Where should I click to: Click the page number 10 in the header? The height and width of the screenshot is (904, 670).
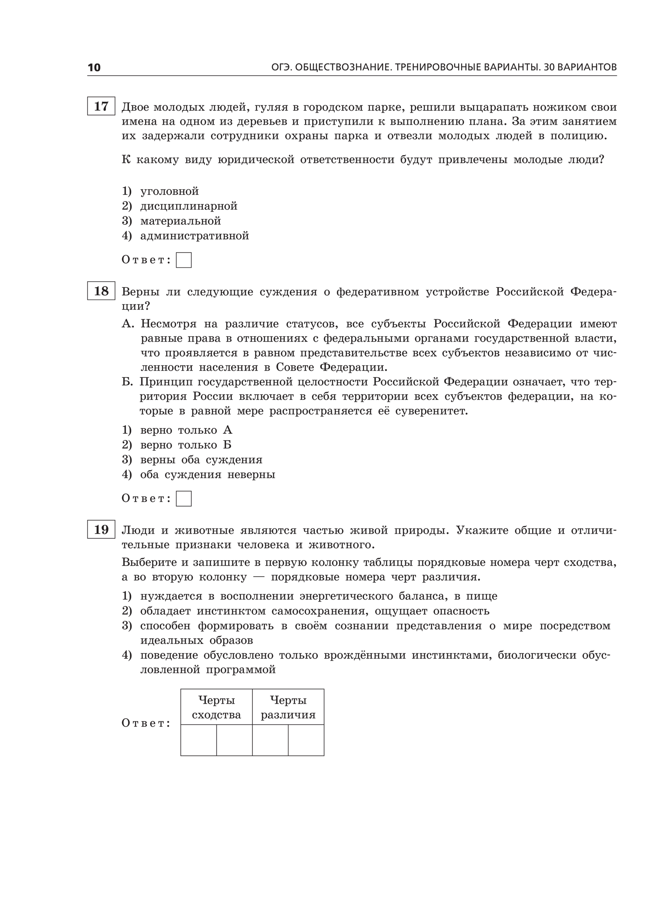tap(94, 67)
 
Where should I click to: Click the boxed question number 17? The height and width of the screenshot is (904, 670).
tap(101, 106)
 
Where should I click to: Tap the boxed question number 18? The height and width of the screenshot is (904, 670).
tap(101, 291)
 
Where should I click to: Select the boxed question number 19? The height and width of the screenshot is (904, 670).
tap(101, 529)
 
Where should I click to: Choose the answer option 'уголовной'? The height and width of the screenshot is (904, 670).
tap(169, 191)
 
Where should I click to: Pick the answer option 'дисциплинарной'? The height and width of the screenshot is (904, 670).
tap(189, 206)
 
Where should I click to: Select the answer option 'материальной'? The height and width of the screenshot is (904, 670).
tap(181, 221)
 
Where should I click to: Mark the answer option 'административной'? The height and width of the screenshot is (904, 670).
tap(194, 236)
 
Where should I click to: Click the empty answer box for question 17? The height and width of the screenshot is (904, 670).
tap(184, 260)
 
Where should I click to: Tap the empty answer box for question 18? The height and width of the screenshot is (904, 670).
tap(184, 498)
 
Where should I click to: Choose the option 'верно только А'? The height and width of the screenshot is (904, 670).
tap(186, 430)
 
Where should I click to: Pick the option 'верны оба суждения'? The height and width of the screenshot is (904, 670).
tap(201, 460)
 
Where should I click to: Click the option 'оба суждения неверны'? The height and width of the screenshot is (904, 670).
tap(207, 474)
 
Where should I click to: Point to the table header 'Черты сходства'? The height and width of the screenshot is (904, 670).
tap(216, 707)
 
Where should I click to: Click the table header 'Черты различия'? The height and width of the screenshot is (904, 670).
tap(288, 707)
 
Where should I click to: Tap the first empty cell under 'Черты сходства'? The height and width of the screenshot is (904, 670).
tap(199, 740)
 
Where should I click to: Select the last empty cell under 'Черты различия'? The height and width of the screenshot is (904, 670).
tap(306, 740)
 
